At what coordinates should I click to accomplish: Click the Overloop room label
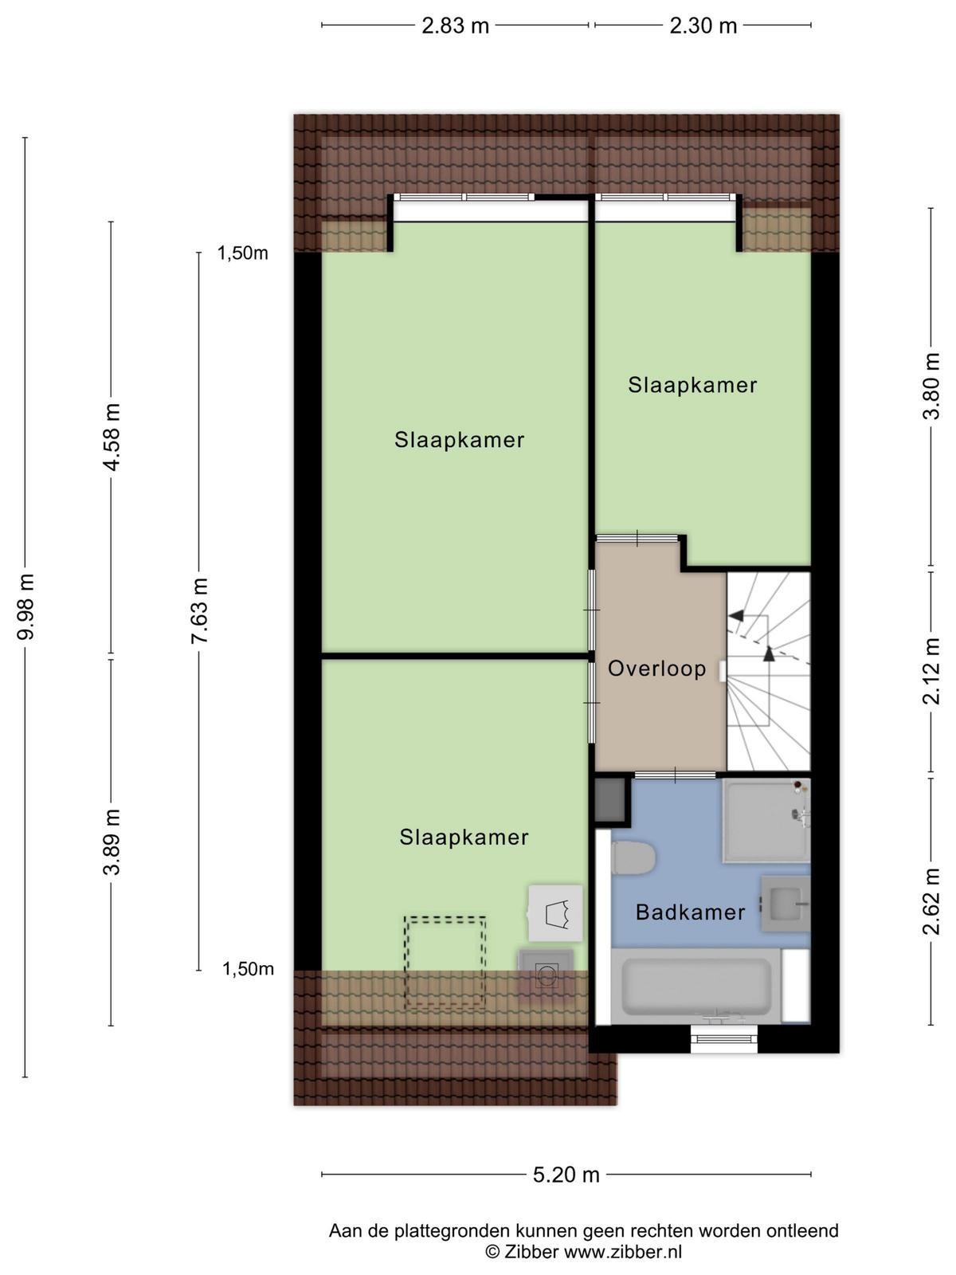click(656, 669)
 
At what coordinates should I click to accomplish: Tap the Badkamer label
click(690, 912)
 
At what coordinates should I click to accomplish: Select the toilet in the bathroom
click(633, 858)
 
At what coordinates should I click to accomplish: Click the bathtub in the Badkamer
click(696, 986)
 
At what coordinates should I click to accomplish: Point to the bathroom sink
click(786, 904)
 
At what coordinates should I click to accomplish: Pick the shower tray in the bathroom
click(766, 820)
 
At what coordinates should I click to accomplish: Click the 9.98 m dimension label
click(26, 606)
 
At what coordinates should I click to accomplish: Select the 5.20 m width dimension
click(566, 1175)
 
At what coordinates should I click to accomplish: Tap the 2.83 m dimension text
click(455, 25)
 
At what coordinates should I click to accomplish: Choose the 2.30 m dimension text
click(703, 25)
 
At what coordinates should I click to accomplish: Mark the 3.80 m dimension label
click(931, 385)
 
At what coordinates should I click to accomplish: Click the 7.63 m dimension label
click(199, 610)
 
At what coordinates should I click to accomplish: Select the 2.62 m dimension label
click(931, 901)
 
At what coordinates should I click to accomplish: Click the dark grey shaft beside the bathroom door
click(610, 799)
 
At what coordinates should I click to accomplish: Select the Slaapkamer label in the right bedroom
click(692, 385)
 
